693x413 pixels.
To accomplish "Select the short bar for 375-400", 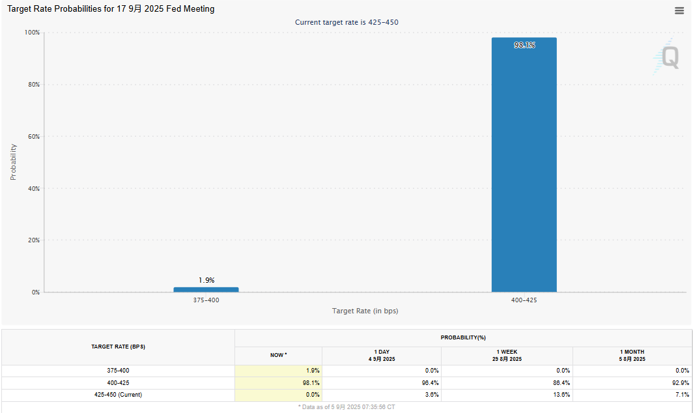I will (x=206, y=289).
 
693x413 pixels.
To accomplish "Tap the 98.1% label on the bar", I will (x=524, y=45).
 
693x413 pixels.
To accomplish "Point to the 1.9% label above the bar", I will (x=206, y=280).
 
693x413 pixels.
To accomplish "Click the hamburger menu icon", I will (x=679, y=10).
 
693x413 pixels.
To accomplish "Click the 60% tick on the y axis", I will (x=32, y=137).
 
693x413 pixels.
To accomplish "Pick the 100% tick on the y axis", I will (x=31, y=33).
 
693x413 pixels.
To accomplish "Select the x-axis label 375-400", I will (x=206, y=300).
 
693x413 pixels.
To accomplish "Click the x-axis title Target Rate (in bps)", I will (x=365, y=311).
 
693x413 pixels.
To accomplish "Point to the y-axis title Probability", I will (x=13, y=162).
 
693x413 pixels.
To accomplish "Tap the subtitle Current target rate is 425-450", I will (x=346, y=22).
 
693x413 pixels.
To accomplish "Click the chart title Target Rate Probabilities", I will (x=111, y=9).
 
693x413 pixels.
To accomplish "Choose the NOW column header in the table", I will (x=278, y=355).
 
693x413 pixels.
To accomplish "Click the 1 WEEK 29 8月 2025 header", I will (x=507, y=355).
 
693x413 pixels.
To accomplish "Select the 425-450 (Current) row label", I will (x=118, y=395).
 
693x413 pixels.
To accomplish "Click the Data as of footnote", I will (x=346, y=407).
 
